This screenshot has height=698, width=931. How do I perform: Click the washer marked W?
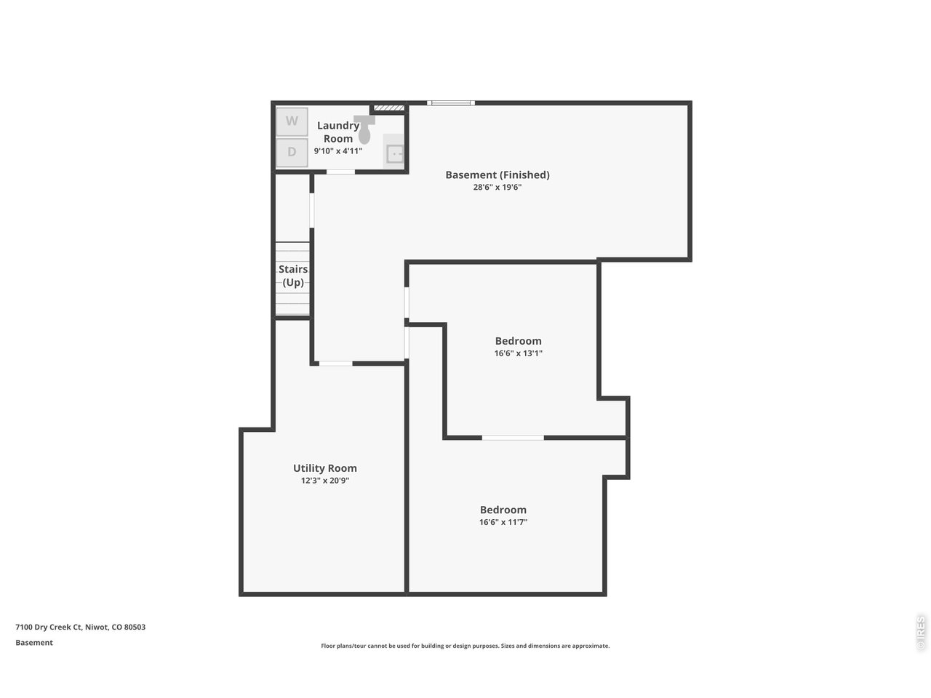point(292,121)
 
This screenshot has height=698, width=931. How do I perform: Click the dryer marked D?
point(292,152)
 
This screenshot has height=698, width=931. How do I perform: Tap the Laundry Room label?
point(338,132)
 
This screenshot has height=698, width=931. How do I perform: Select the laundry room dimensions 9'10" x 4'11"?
point(338,151)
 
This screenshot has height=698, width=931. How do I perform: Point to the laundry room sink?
point(394,152)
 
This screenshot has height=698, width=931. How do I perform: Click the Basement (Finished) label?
point(497,174)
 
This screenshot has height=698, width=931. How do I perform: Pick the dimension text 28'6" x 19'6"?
point(497,187)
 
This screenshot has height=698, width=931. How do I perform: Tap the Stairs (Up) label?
point(293,276)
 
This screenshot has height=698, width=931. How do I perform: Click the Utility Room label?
point(325,468)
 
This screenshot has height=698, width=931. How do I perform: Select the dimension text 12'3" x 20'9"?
point(325,480)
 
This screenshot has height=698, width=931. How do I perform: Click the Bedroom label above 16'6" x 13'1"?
point(519,341)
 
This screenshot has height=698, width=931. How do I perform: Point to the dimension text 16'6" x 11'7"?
point(503,522)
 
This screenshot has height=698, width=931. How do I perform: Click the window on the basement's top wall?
point(451,103)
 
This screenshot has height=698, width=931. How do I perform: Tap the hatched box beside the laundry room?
point(389,108)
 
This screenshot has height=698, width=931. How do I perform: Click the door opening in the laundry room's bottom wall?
point(340,172)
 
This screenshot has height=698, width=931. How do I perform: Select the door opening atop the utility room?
point(335,364)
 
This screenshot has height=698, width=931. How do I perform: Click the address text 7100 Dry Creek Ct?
point(48,627)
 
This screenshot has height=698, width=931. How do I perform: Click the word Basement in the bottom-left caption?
point(34,643)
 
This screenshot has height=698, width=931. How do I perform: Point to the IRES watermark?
point(920,633)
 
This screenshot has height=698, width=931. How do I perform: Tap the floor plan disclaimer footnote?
point(465,646)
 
